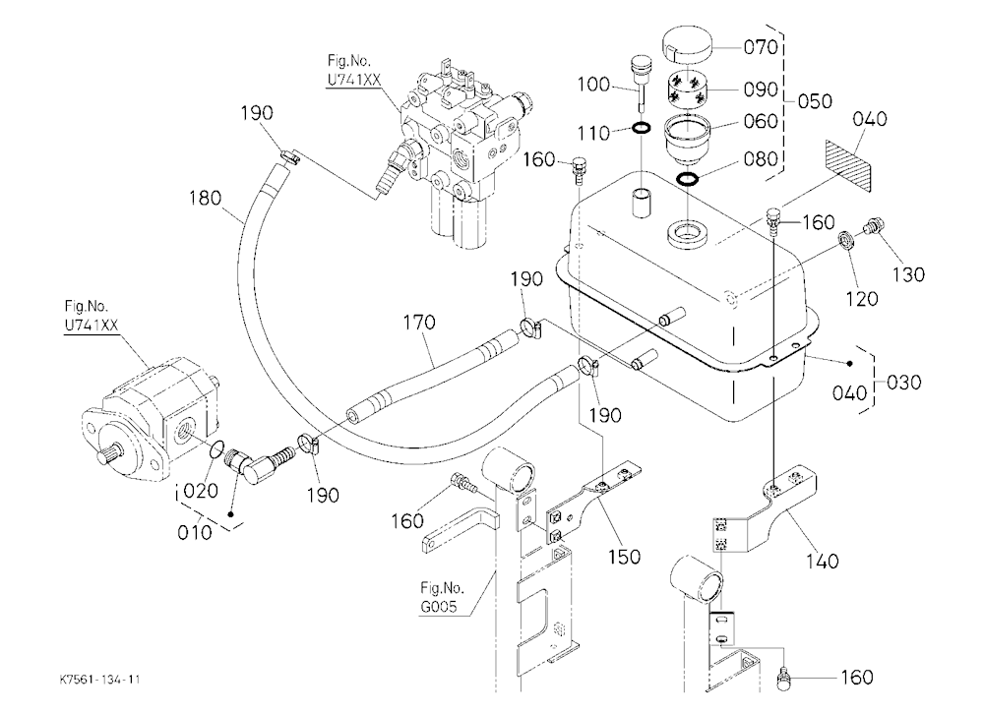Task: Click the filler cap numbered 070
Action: (x=689, y=45)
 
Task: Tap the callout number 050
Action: (x=815, y=101)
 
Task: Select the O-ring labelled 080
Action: (x=688, y=179)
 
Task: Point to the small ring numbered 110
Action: (x=641, y=129)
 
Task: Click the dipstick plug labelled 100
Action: (x=641, y=82)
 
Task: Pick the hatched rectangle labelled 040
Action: (x=848, y=165)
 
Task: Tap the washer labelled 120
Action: (x=848, y=240)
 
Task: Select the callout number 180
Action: (x=206, y=199)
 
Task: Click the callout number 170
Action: (x=418, y=323)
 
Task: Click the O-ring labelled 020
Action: (x=215, y=448)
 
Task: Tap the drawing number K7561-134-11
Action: (x=99, y=680)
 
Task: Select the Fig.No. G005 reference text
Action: (x=443, y=597)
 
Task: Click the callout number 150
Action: (x=625, y=557)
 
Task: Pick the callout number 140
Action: (x=822, y=561)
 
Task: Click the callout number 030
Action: (x=903, y=383)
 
